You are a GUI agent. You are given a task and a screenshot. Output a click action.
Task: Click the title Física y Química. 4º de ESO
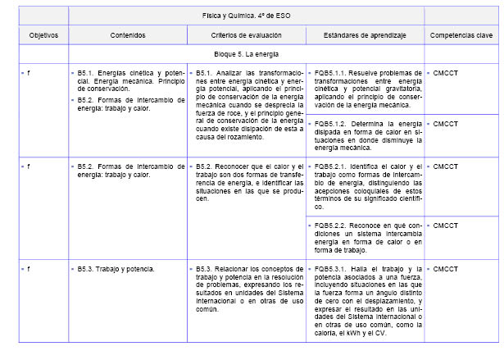247,16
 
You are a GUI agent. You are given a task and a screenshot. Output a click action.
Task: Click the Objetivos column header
38,35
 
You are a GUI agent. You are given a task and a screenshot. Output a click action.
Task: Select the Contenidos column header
128,35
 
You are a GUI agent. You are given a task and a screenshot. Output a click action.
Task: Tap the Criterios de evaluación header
247,35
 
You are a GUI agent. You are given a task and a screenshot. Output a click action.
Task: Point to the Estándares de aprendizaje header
366,35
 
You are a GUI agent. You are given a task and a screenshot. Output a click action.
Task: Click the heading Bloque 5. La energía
247,54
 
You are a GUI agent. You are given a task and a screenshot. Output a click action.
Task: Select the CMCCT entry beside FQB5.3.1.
446,268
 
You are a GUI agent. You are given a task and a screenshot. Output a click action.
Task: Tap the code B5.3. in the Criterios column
205,268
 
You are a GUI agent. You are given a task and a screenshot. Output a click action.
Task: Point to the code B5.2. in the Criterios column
205,166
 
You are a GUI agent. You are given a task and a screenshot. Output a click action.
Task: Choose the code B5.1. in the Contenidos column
87,73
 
